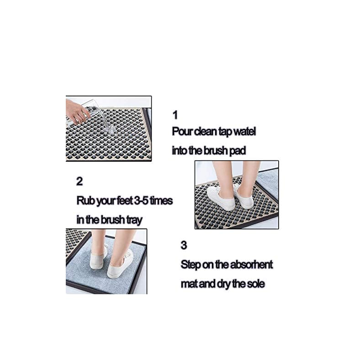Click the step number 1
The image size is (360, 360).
click(175, 115)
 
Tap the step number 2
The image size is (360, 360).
click(79, 181)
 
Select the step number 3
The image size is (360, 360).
click(184, 245)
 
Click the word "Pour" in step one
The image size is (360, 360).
click(181, 132)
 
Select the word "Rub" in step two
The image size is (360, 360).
click(85, 201)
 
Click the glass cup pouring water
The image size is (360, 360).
click(94, 114)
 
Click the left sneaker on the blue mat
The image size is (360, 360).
click(98, 258)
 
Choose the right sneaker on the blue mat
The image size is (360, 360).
click(120, 265)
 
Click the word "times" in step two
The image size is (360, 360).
click(160, 201)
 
